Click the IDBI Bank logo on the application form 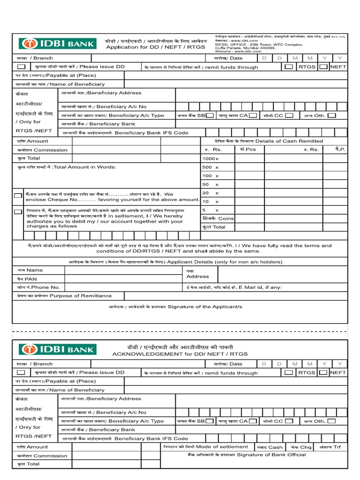pos(57,44)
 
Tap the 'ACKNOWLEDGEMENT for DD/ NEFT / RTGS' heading pos(180,354)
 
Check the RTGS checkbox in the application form pos(289,67)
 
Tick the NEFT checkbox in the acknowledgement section pos(323,373)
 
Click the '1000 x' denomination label pos(210,159)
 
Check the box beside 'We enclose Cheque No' pos(18,195)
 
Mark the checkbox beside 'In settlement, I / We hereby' pos(18,212)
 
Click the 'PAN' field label pos(33,278)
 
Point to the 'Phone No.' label pos(38,287)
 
